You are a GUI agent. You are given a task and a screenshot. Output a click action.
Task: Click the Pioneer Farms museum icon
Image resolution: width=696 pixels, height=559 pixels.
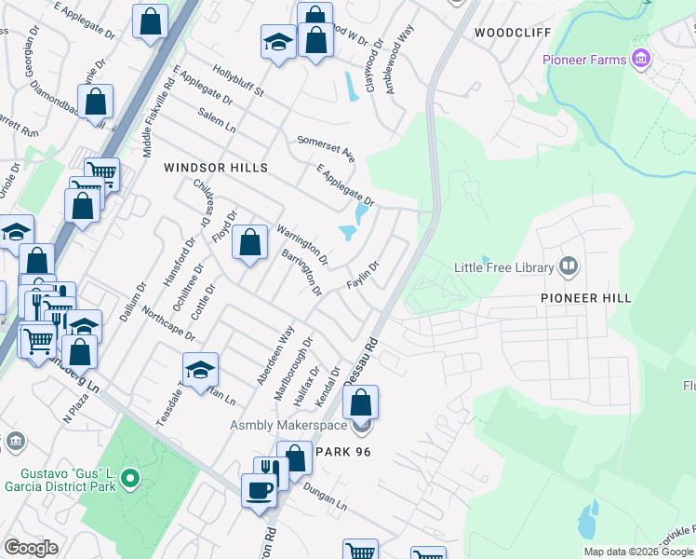[640, 61]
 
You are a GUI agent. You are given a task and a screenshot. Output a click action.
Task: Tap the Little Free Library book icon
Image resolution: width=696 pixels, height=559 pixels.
[569, 267]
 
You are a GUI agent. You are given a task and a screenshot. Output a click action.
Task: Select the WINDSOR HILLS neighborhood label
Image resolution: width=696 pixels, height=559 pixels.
[216, 168]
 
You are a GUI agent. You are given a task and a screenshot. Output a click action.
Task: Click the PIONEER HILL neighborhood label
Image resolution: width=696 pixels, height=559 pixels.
[586, 298]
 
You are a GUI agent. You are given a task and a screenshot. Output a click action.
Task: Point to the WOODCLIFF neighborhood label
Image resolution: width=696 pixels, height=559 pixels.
[513, 33]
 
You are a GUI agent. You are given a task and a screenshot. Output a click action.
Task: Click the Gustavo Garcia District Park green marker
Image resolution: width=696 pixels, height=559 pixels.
[131, 481]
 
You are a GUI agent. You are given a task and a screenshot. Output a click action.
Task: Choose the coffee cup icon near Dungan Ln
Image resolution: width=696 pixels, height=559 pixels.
[258, 489]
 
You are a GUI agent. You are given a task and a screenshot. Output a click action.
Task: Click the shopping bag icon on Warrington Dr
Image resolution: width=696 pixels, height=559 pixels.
[249, 244]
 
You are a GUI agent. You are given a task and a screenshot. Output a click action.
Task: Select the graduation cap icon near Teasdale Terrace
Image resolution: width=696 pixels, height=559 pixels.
[200, 371]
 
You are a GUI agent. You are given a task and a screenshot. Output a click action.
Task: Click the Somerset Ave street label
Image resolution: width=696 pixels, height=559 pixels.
[326, 147]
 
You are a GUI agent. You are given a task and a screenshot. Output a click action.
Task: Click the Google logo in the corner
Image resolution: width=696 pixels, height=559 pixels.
[32, 547]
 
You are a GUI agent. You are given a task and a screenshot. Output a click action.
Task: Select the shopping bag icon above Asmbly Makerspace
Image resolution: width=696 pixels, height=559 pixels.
[361, 403]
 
